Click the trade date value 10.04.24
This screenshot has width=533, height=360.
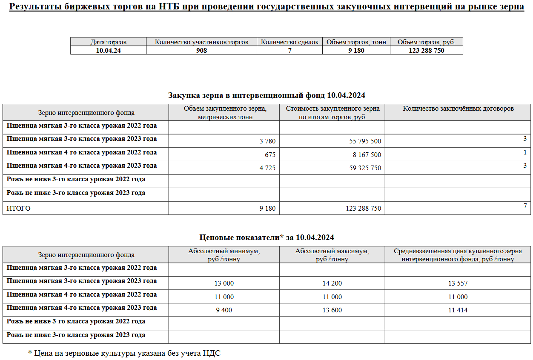coord(108,50)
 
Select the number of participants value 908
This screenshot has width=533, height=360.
coord(201,50)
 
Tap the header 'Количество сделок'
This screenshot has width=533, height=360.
coord(289,42)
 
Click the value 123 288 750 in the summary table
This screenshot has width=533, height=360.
coord(426,50)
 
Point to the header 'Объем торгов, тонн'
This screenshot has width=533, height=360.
coord(356,42)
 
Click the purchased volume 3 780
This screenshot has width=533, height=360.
coord(267,141)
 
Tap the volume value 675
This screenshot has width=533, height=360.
coord(270,155)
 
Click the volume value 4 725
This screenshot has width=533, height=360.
coord(267,168)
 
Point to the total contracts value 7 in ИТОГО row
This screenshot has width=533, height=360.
coord(525,206)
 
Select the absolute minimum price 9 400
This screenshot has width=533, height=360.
coord(224,310)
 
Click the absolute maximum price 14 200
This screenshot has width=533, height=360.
coord(332,283)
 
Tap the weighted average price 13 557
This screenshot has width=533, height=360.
coord(458,283)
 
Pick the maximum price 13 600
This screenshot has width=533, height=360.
coord(332,310)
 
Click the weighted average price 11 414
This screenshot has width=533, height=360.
coord(458,310)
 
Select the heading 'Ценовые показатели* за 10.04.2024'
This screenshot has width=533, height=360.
coord(266,237)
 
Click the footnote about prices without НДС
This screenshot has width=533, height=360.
coord(124,353)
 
